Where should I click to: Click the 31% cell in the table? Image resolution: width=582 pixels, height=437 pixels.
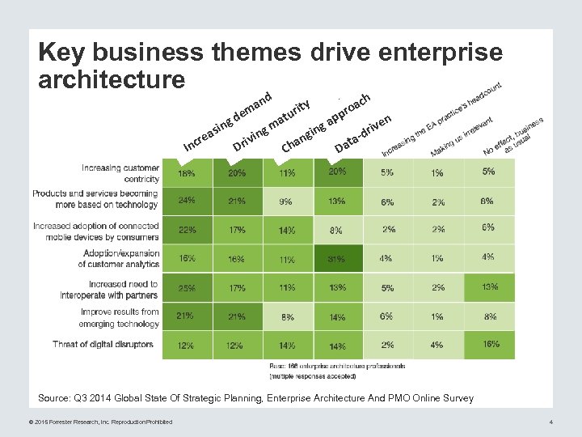[x=338, y=259]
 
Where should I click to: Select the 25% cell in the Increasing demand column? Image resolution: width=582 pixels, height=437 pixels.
[x=187, y=288]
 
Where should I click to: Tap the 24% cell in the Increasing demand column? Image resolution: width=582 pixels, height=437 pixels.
[x=187, y=200]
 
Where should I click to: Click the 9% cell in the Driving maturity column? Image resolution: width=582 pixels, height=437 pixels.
[x=286, y=201]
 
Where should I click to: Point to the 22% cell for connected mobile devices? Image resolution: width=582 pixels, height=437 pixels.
[x=187, y=230]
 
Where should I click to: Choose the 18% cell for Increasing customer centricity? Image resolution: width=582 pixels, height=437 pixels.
[x=187, y=172]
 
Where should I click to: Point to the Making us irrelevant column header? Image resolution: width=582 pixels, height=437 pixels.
[x=462, y=137]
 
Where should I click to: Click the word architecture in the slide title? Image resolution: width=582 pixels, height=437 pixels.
[x=112, y=79]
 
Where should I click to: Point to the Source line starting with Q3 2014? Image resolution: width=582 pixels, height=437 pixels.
[x=255, y=397]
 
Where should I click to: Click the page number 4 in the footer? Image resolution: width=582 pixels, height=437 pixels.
[x=550, y=422]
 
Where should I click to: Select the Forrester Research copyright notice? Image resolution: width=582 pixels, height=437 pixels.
[x=94, y=422]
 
